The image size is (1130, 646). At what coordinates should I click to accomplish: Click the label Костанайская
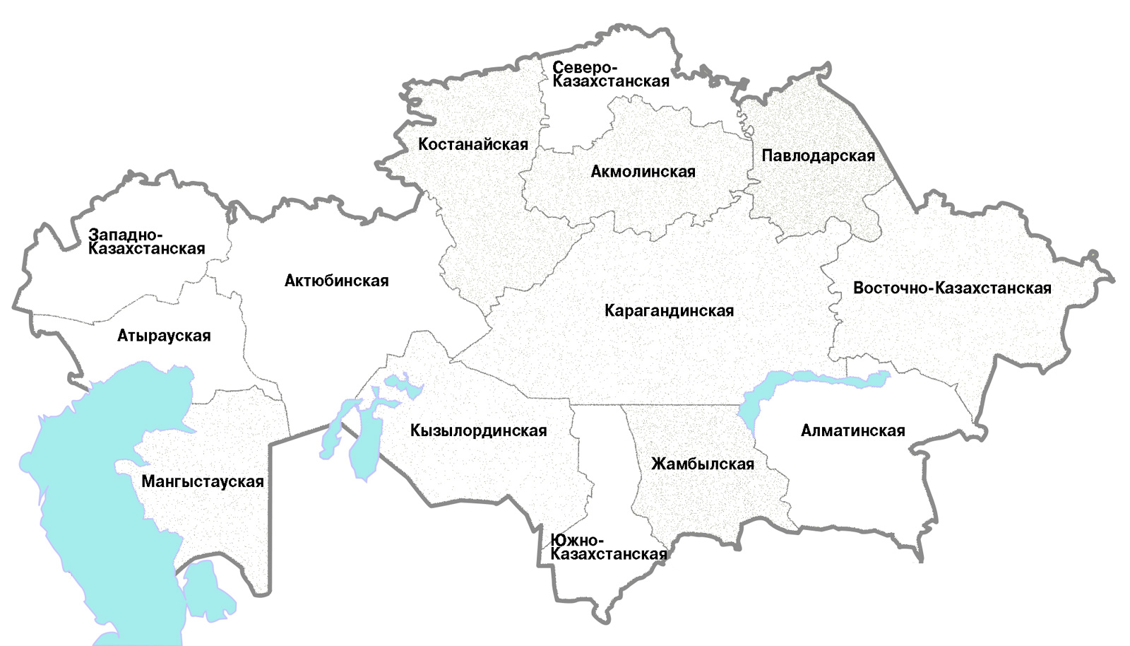click(472, 145)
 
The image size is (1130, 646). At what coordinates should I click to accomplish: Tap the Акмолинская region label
click(643, 172)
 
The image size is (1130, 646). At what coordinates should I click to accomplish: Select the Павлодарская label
click(818, 156)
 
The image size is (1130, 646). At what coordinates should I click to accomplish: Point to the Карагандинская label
click(669, 311)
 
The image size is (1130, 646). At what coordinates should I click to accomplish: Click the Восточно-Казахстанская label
click(951, 288)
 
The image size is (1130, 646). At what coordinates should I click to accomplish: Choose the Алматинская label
click(852, 431)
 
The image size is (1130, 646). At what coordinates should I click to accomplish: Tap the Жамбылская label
click(702, 464)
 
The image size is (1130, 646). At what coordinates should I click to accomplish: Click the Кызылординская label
click(478, 431)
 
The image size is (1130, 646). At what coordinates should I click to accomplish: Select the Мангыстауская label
click(202, 482)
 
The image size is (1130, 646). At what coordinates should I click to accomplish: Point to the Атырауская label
click(164, 336)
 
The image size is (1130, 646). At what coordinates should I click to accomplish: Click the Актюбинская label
click(336, 281)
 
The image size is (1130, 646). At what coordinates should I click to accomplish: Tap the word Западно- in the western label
click(125, 235)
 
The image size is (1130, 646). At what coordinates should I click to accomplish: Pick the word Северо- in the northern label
click(584, 68)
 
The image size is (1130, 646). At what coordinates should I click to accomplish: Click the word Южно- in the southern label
click(577, 541)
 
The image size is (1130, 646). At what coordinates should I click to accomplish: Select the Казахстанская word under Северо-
click(610, 82)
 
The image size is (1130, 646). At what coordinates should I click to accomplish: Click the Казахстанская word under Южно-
click(608, 555)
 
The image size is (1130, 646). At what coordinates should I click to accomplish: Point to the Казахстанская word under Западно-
click(146, 249)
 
